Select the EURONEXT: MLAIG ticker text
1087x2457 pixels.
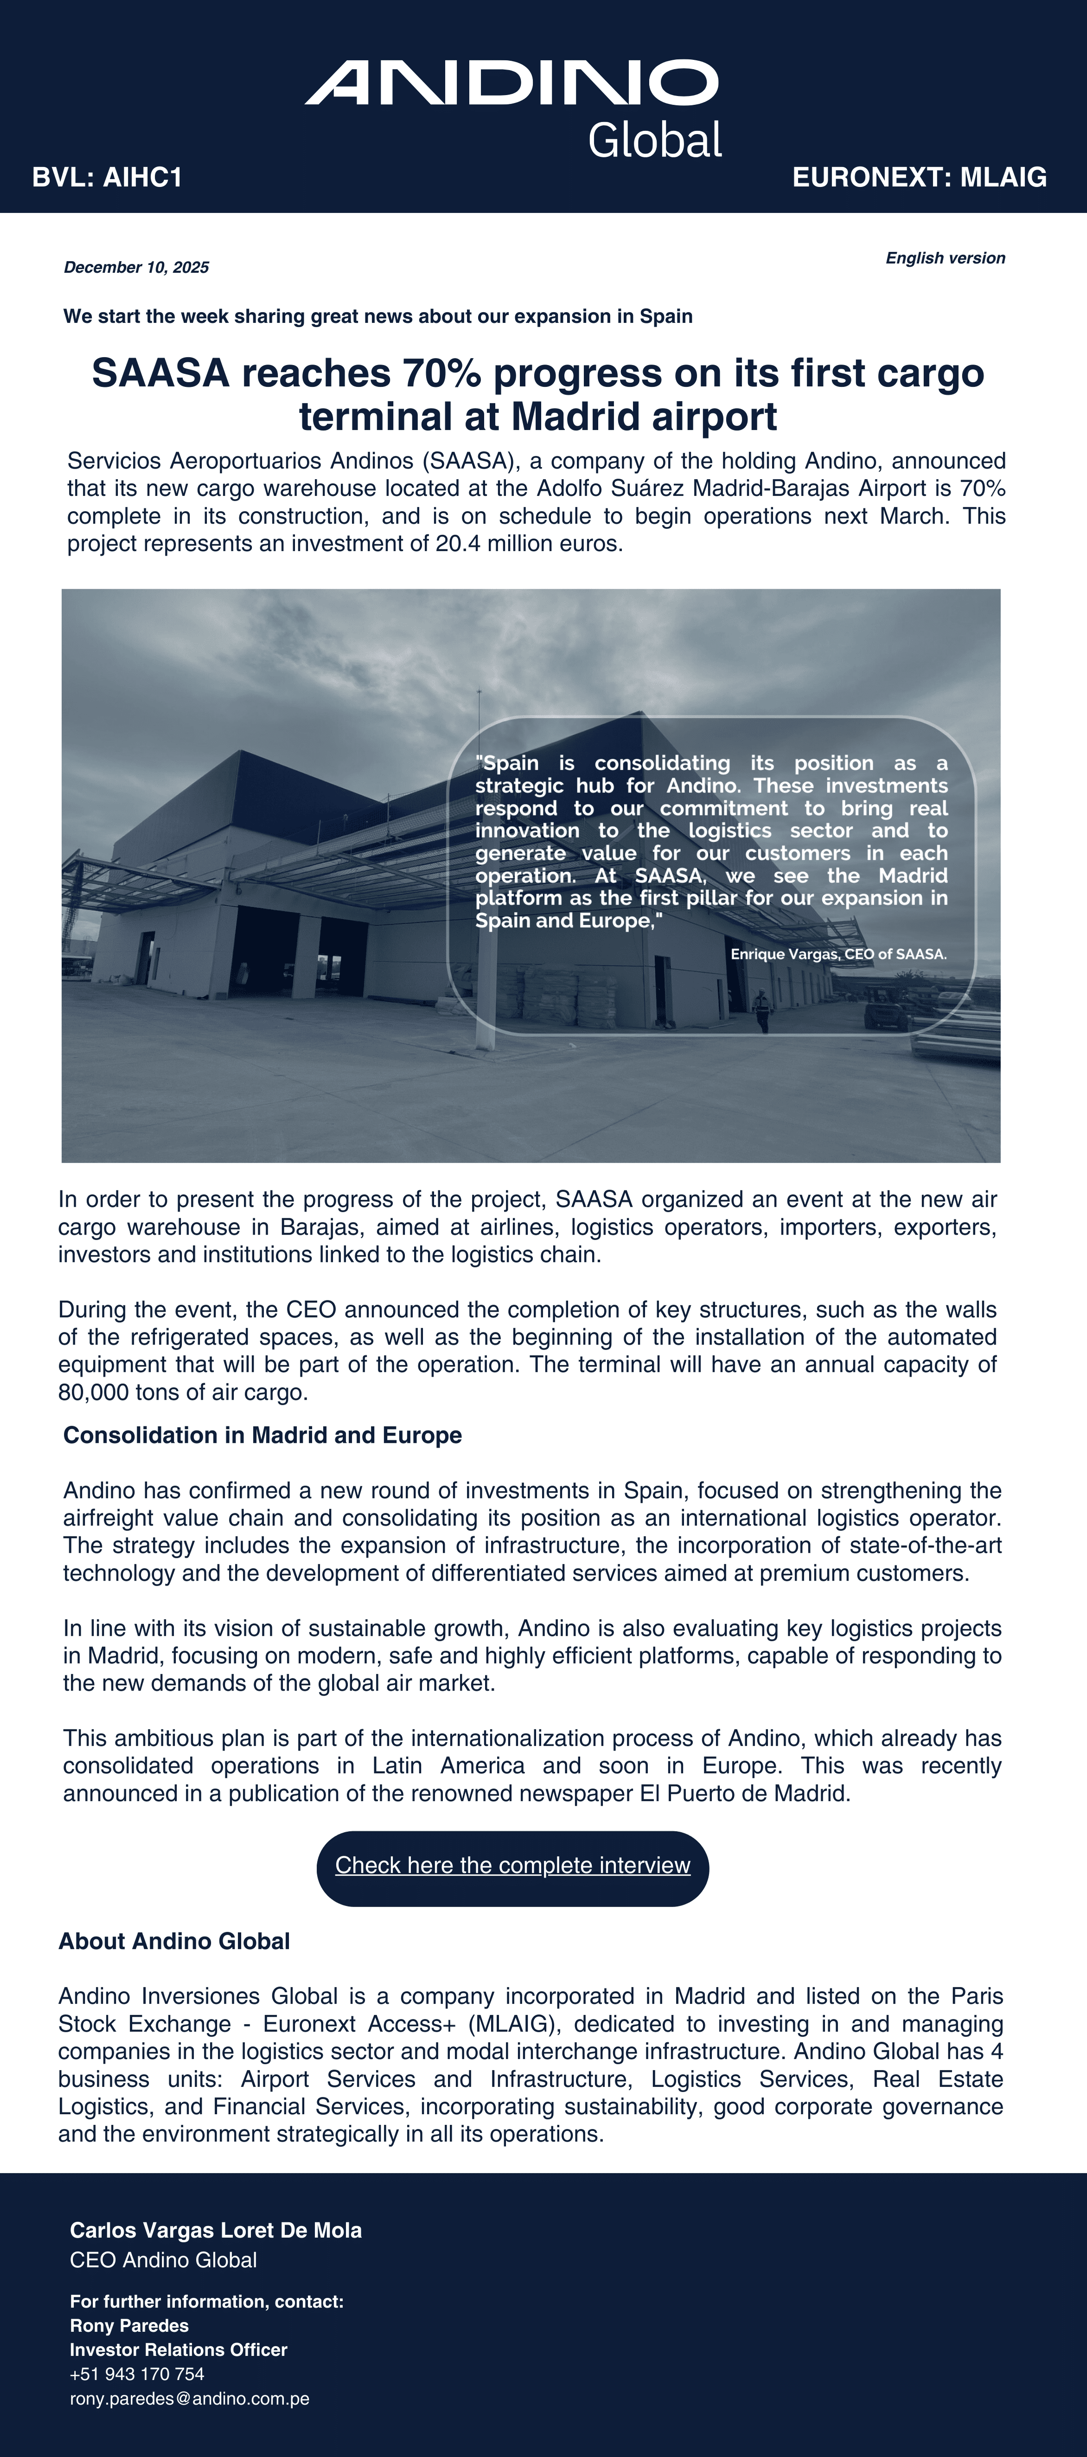919,177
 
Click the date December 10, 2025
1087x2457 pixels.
136,267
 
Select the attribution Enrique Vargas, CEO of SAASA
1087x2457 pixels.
838,954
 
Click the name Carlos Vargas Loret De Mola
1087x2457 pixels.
216,2230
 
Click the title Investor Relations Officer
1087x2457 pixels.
178,2349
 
